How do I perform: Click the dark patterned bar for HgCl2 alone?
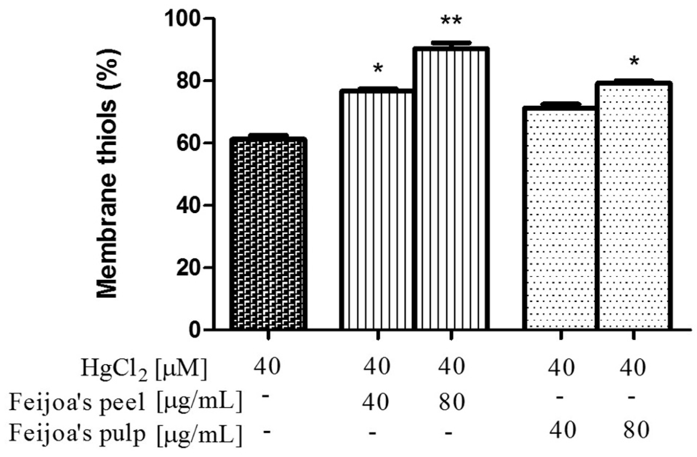268,234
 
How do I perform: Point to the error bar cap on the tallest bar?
451,43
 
